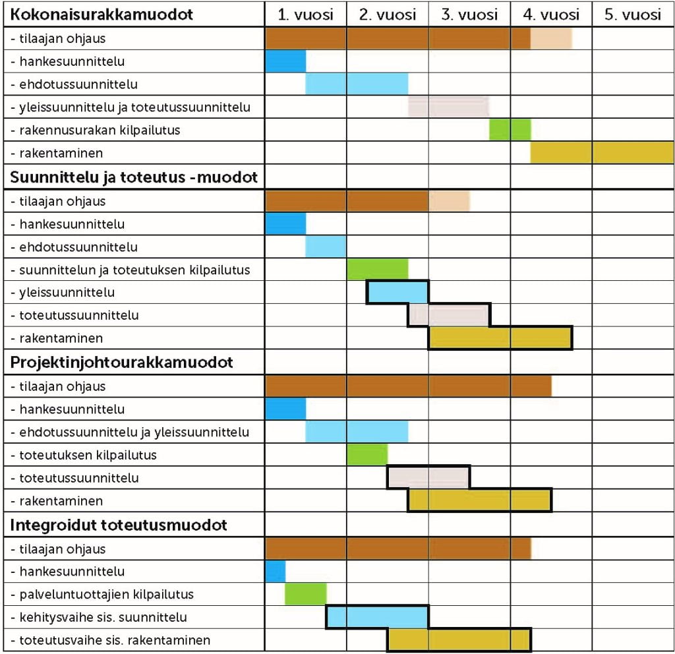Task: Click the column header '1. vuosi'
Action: click(x=305, y=15)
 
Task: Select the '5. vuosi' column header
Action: click(x=633, y=15)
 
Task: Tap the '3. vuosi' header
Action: click(x=469, y=15)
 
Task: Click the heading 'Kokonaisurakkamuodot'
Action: click(x=102, y=15)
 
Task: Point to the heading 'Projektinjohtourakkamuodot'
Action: click(x=122, y=363)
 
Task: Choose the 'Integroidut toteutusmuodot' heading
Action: click(x=119, y=525)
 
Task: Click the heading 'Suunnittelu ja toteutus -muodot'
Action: click(x=134, y=177)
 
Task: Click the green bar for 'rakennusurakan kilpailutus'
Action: click(x=510, y=130)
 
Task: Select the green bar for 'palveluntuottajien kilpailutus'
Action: click(x=305, y=594)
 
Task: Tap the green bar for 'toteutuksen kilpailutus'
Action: click(x=367, y=455)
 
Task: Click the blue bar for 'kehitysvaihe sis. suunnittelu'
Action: click(x=377, y=617)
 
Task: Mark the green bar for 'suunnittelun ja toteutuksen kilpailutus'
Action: click(x=377, y=269)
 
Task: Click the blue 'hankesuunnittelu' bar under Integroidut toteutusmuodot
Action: click(x=275, y=571)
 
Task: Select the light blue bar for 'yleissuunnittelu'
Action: click(x=397, y=292)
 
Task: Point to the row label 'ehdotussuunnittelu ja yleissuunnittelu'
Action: click(x=130, y=432)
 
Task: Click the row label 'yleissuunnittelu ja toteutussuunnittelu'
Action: click(x=131, y=107)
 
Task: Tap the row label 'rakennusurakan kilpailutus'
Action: click(x=96, y=130)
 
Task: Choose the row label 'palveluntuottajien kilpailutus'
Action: click(x=102, y=594)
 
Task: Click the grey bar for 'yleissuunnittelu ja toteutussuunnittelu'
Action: click(x=448, y=107)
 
